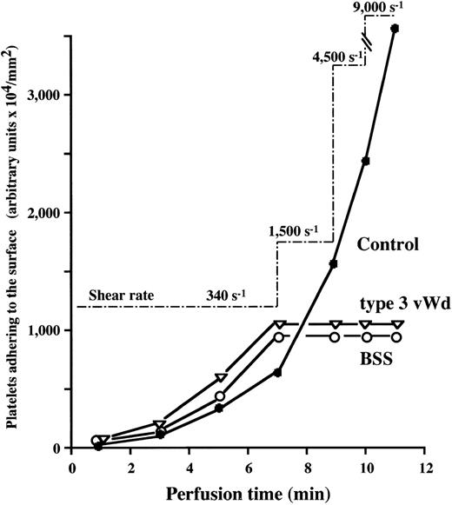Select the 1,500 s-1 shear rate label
pos(294,231)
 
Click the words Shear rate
pos(116,296)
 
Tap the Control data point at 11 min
pos(395,29)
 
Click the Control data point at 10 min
pos(366,161)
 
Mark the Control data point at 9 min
pos(334,263)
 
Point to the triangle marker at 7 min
pos(279,325)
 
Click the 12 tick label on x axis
pos(425,466)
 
